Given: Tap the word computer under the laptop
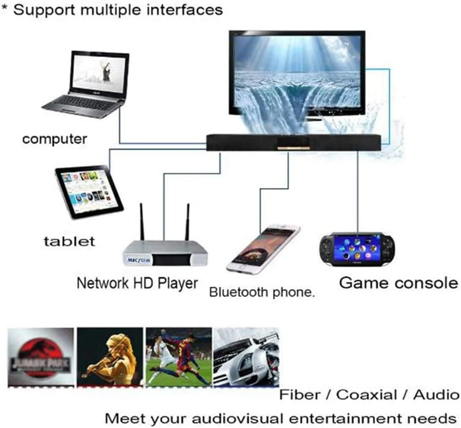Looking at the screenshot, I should [55, 139].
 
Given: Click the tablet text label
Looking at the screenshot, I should [69, 241].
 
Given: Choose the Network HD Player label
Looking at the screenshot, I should [137, 283].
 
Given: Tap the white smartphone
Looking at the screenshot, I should [263, 248].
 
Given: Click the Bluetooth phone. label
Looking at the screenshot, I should [262, 292].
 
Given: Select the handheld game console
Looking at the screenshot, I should [357, 249].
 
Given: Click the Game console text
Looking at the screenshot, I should [398, 283].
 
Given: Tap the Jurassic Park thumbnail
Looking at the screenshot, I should [41, 356].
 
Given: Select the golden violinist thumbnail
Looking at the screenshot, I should [110, 356].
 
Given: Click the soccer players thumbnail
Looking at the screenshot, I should [179, 356].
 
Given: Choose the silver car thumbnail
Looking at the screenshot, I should [246, 356].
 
